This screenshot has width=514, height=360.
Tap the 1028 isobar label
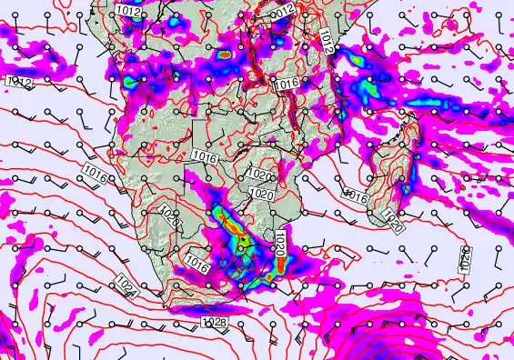pos(214,323)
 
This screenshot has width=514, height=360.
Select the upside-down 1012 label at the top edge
pos(284,10)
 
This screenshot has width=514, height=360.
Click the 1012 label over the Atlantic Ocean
pos(21,82)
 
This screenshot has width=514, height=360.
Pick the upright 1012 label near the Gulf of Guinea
pos(128,11)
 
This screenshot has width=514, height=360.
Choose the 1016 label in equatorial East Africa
pos(287,83)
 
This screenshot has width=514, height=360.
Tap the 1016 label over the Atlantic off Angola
pos(94,170)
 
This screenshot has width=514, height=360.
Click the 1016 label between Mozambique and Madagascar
pos(354,195)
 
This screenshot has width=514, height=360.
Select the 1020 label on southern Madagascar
pos(392,220)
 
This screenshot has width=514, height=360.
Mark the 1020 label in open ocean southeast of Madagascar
pos(465,259)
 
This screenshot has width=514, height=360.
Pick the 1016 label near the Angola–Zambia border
pos(206,157)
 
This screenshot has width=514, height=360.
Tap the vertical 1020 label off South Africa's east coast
pos(280,242)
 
